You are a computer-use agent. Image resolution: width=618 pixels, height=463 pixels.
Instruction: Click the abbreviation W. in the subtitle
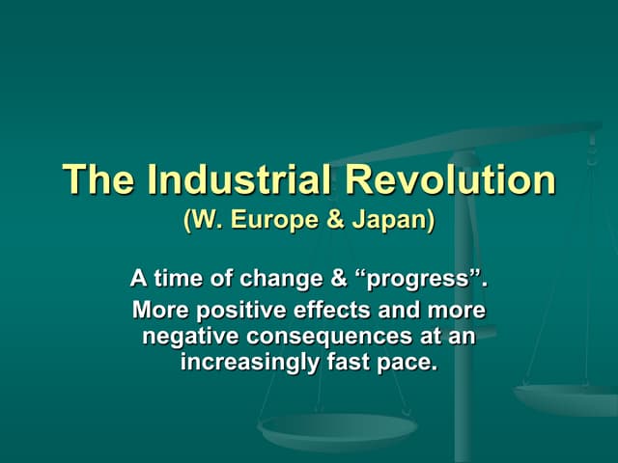point(207,220)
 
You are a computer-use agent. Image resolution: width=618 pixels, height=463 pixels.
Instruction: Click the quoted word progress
point(422,281)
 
